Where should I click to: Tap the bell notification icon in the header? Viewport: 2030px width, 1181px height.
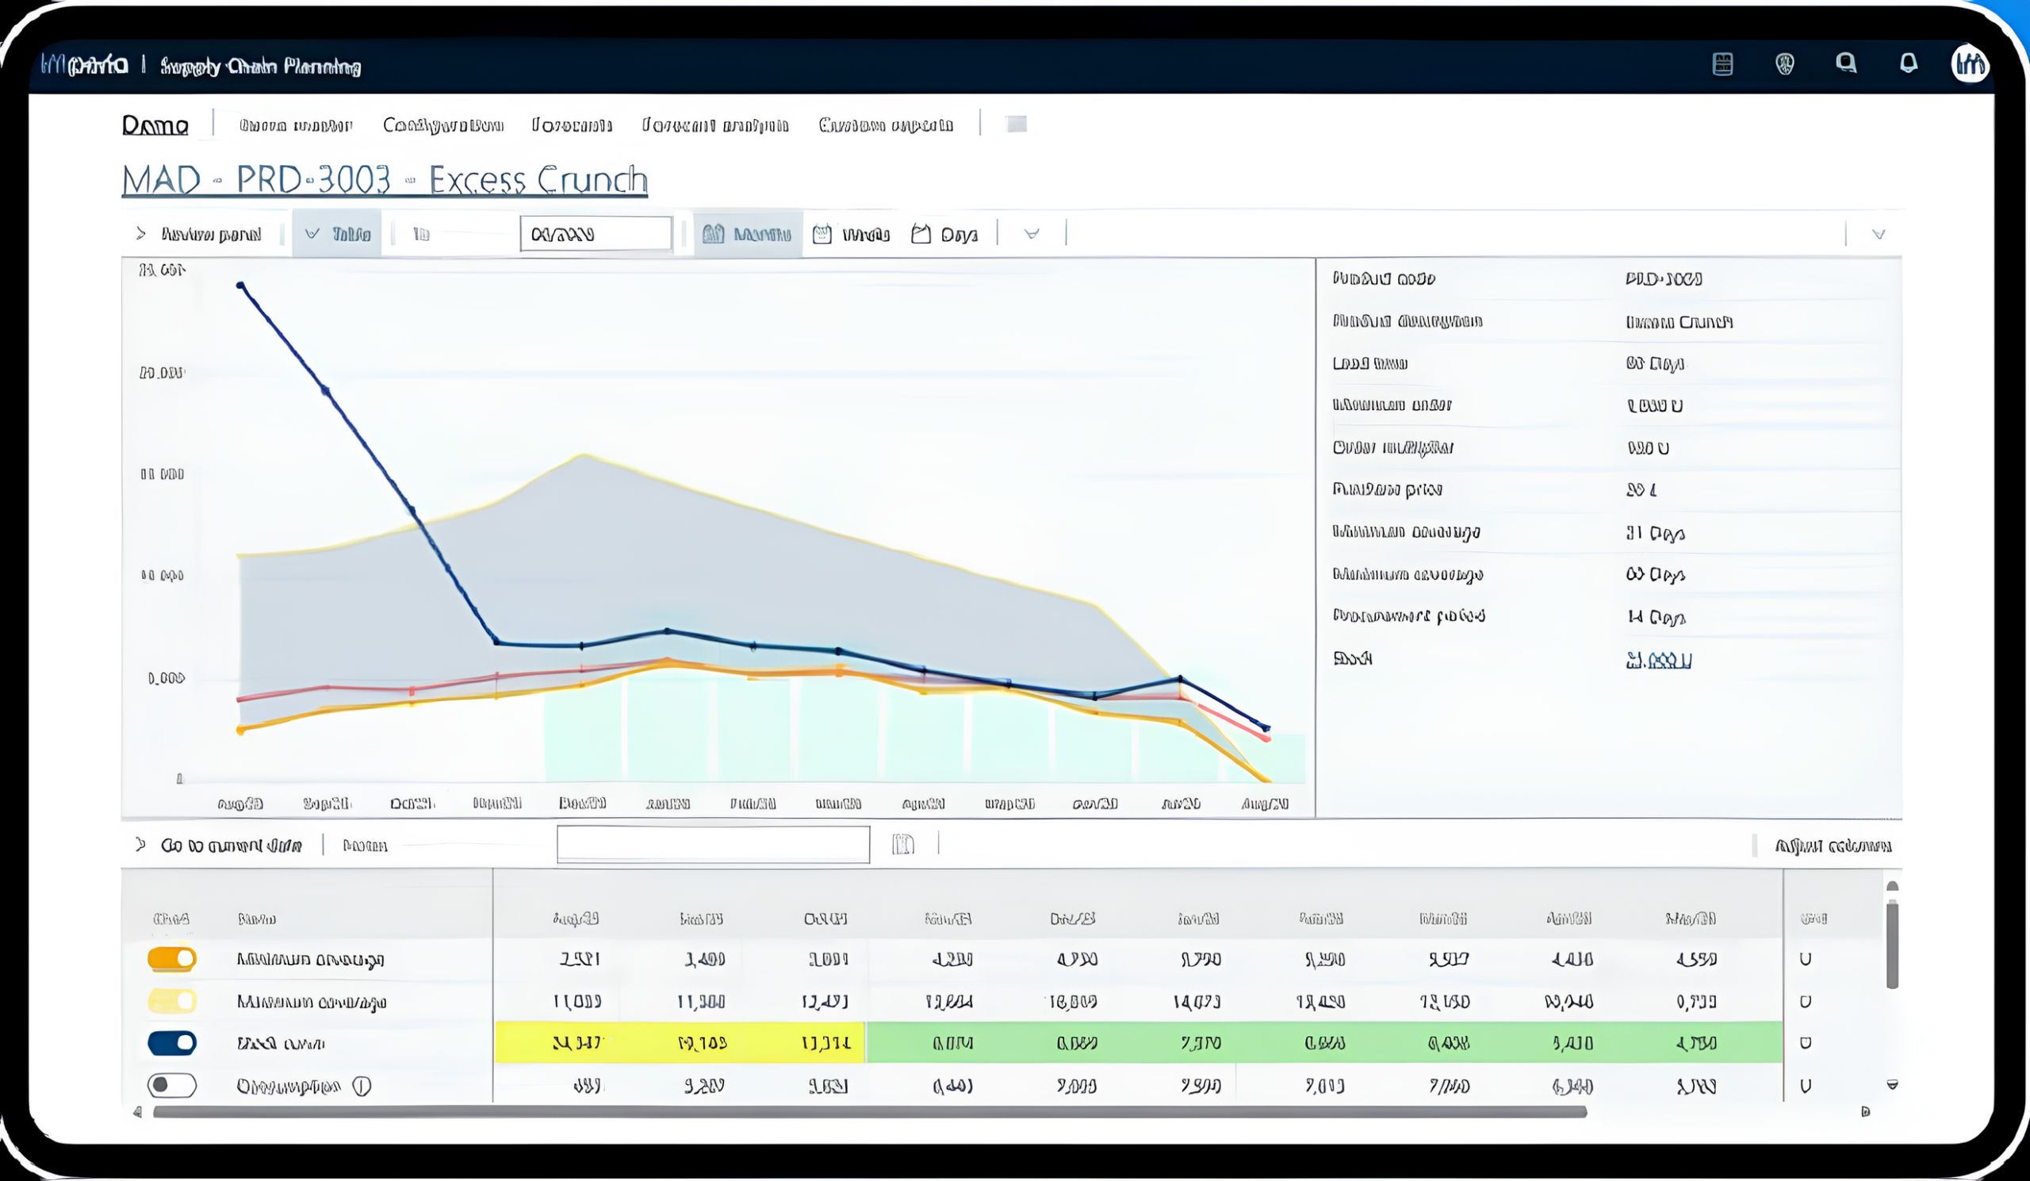tap(1908, 63)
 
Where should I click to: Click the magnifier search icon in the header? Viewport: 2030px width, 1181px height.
tap(1845, 63)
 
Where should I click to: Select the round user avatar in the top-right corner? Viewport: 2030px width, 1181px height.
tap(1970, 63)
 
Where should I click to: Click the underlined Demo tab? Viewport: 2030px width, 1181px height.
tap(155, 125)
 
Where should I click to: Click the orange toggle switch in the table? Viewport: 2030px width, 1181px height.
tap(171, 959)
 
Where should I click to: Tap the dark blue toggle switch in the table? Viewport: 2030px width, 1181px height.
tap(171, 1043)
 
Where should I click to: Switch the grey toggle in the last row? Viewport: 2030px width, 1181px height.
tap(171, 1085)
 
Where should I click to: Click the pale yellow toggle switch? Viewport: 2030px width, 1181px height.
tap(171, 1002)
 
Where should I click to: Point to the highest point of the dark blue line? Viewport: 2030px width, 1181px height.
tap(240, 286)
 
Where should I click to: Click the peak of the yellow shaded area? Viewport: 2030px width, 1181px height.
tap(584, 456)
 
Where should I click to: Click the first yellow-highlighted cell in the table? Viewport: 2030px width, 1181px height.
tap(576, 1043)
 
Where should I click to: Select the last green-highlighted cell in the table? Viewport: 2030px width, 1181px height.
tap(1695, 1043)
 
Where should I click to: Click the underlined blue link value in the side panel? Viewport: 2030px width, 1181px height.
tap(1658, 661)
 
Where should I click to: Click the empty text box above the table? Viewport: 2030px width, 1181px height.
tap(713, 844)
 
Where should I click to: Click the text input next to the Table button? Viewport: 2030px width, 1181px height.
tap(596, 234)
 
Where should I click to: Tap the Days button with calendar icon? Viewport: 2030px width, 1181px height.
tap(944, 235)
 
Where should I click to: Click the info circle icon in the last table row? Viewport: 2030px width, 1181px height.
tap(362, 1086)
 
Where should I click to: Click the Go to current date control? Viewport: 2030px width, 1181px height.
tap(231, 845)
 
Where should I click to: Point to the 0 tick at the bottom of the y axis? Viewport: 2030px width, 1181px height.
tap(180, 778)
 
